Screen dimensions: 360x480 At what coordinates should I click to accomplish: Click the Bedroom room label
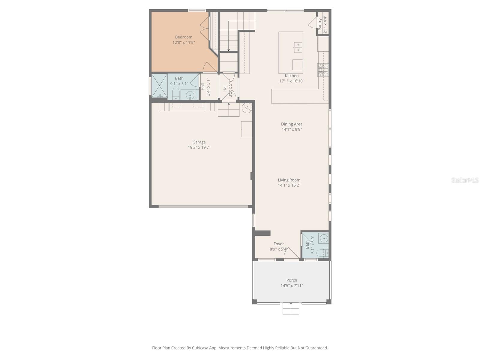click(x=184, y=37)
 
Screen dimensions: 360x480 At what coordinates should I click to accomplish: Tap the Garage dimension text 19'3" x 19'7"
click(x=199, y=147)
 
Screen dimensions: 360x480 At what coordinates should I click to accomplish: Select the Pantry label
click(x=320, y=24)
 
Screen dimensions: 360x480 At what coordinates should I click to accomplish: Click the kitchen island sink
click(x=298, y=47)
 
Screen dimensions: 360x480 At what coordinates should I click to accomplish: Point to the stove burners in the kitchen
click(x=323, y=70)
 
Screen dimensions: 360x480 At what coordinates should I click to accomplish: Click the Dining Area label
click(x=292, y=124)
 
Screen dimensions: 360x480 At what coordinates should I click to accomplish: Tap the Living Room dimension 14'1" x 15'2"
click(x=289, y=185)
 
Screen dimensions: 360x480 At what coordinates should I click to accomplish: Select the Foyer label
click(x=278, y=244)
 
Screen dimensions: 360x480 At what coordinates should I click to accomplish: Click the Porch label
click(x=292, y=280)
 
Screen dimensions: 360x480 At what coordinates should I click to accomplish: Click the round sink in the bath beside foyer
click(x=324, y=238)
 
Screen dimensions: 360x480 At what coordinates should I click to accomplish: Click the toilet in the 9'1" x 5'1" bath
click(x=176, y=94)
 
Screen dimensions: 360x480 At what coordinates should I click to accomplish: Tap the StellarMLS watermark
click(x=465, y=180)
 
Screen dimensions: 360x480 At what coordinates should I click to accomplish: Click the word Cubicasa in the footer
click(x=207, y=348)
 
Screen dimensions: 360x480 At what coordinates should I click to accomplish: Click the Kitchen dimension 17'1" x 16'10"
click(x=292, y=81)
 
